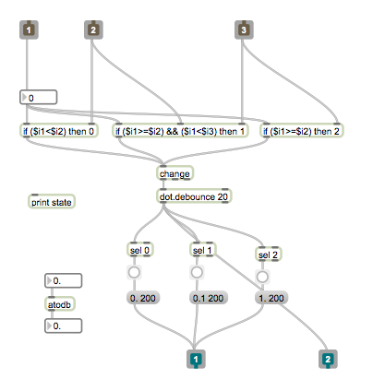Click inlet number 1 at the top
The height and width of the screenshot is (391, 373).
[x=29, y=30]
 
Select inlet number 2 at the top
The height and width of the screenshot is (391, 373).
[x=93, y=30]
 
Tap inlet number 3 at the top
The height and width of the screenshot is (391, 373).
[x=244, y=30]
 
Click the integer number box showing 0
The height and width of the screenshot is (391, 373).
[x=39, y=98]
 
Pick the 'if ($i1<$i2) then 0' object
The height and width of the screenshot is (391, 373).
[x=58, y=131]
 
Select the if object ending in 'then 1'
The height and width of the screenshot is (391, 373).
[x=180, y=131]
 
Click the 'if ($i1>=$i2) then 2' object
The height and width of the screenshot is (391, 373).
[x=302, y=131]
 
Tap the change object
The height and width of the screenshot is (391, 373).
[x=174, y=173]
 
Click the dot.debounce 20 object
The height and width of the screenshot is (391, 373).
[x=194, y=196]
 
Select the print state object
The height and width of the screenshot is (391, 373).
[x=52, y=202]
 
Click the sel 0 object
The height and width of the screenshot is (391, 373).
[x=140, y=250]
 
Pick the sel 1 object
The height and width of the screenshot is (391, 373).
[x=202, y=250]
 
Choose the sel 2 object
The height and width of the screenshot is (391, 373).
[x=269, y=255]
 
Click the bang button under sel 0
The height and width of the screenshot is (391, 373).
[x=134, y=272]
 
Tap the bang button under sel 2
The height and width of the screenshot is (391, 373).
[x=262, y=277]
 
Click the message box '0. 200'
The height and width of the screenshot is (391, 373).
[x=143, y=298]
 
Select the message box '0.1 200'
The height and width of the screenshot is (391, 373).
[x=209, y=298]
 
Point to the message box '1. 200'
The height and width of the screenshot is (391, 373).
[x=271, y=298]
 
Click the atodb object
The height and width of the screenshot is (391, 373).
[x=60, y=304]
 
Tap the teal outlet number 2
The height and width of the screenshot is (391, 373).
[x=328, y=359]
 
